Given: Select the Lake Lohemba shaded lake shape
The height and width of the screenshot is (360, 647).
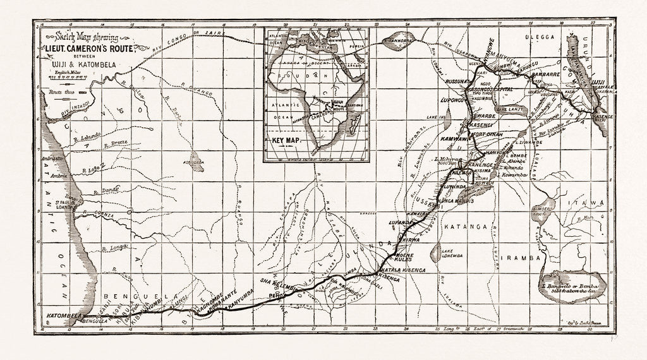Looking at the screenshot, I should click(435, 252).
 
